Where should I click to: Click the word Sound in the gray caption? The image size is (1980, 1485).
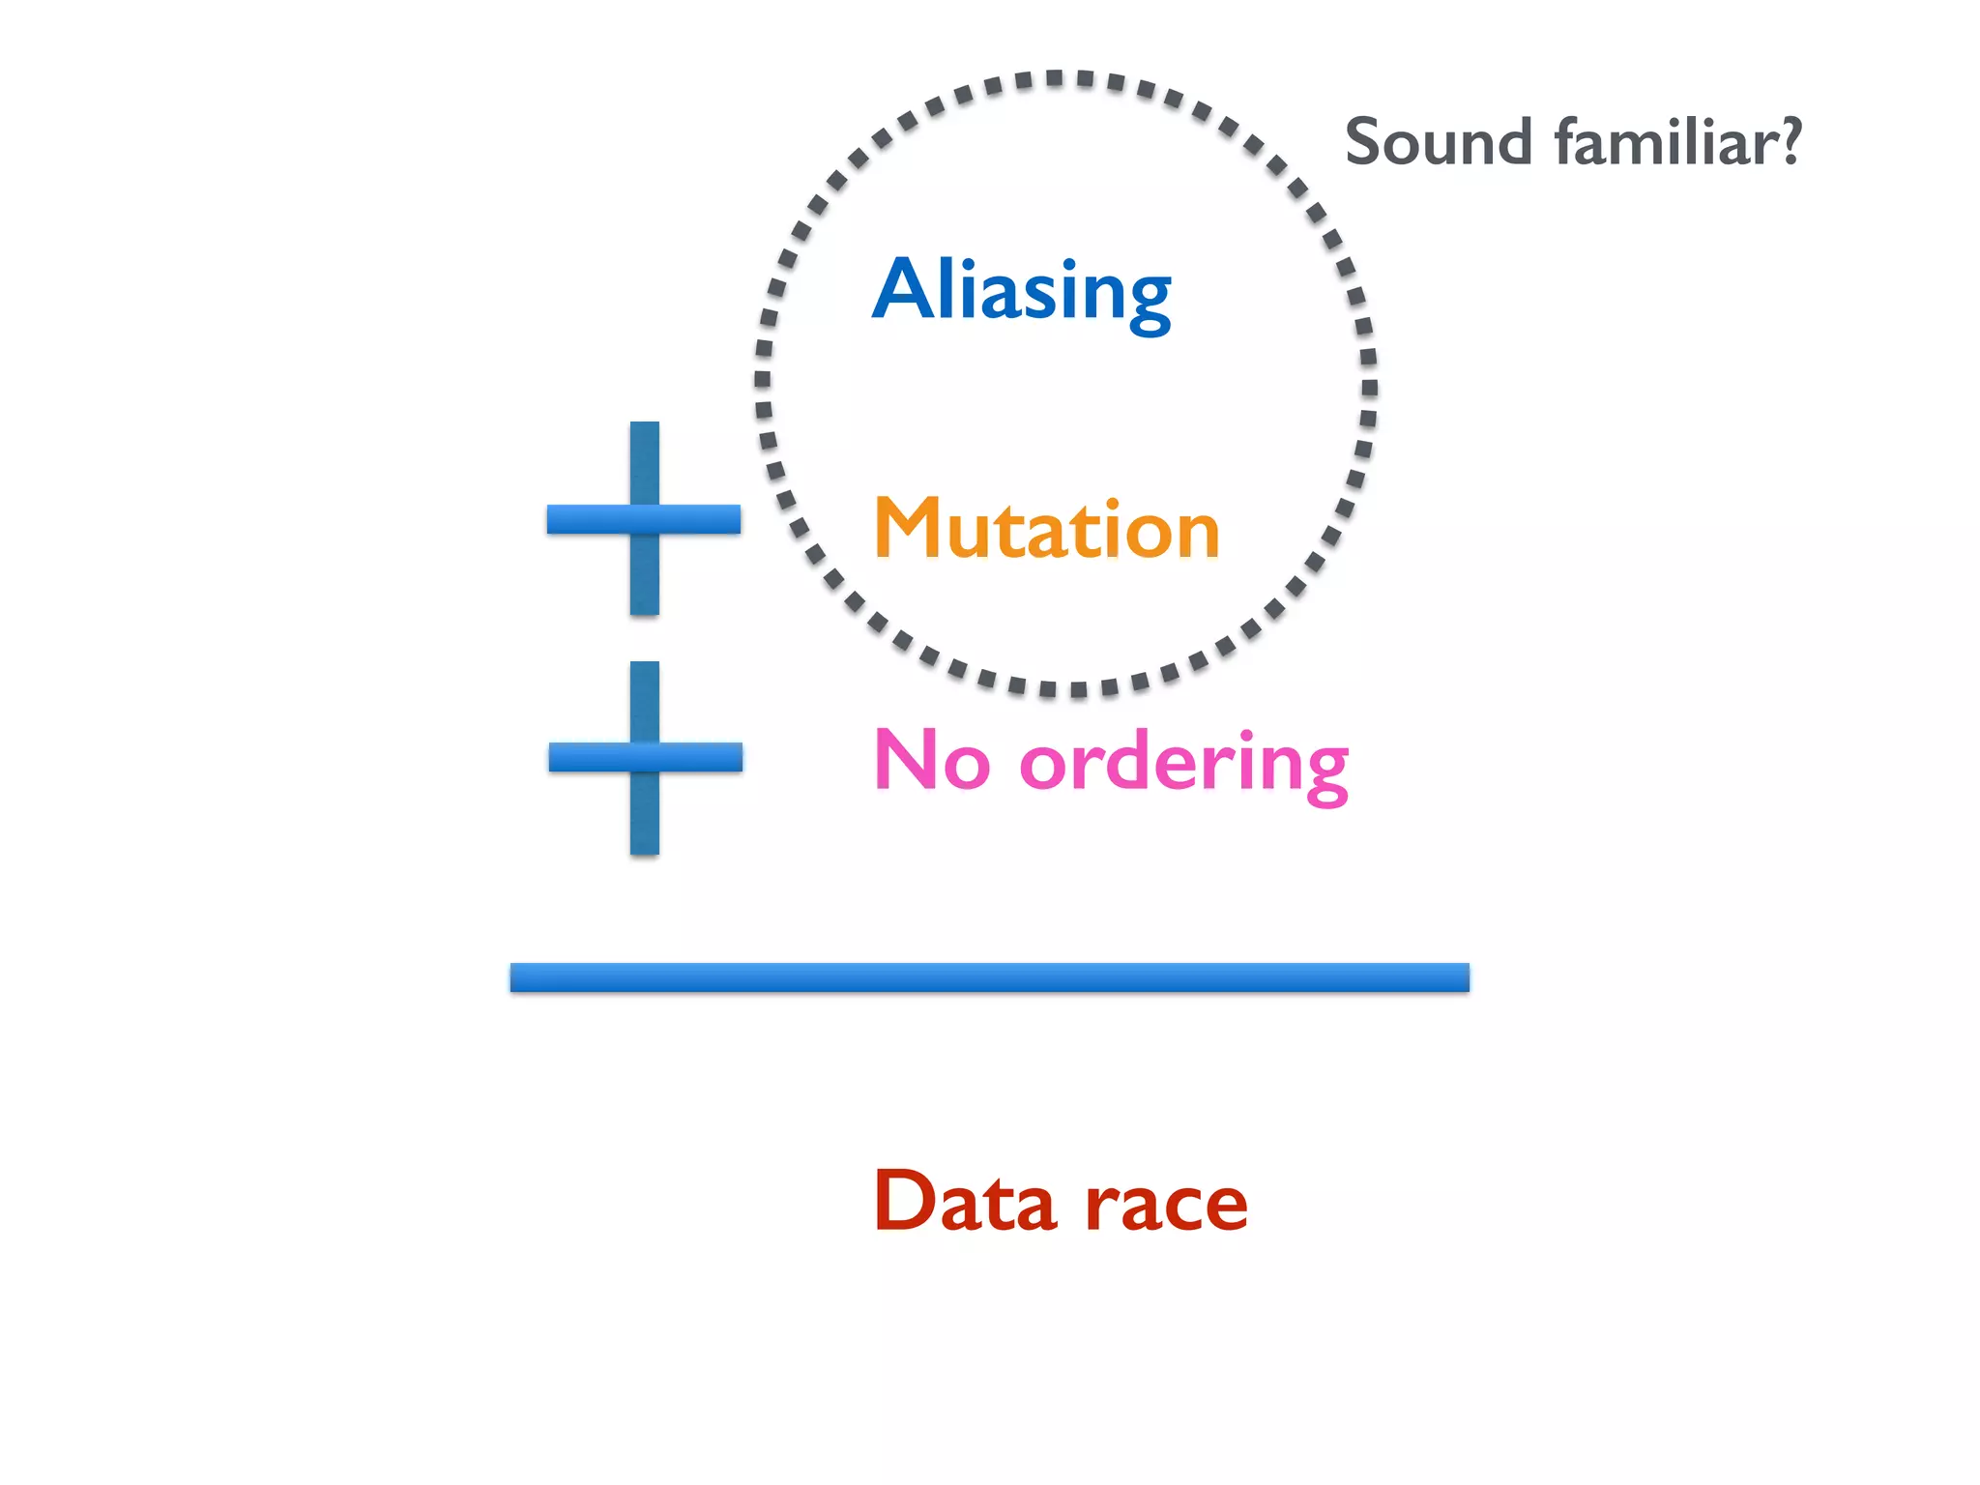[1439, 142]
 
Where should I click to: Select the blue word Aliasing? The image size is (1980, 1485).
[1021, 290]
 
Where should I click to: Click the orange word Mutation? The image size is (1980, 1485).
[1047, 528]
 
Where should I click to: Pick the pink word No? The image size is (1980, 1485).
[932, 760]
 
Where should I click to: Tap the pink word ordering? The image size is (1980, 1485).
[1183, 764]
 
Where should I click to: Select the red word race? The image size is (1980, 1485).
[1166, 1207]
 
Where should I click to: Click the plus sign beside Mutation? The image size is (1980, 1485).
[644, 519]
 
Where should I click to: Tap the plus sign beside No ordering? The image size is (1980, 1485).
[645, 757]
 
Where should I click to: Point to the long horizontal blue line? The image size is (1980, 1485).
[989, 977]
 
